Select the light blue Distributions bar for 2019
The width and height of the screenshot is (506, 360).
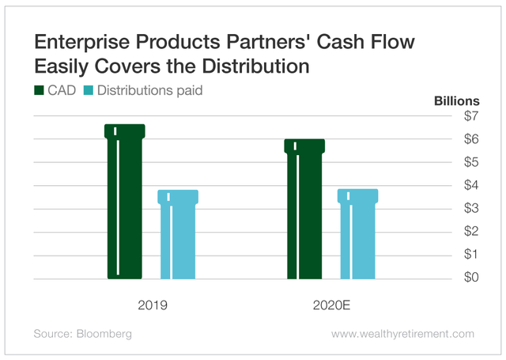(x=179, y=235)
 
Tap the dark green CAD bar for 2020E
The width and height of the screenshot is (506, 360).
(x=304, y=210)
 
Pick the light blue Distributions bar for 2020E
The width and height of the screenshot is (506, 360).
(x=358, y=235)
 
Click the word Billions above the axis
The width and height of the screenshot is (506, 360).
(x=456, y=101)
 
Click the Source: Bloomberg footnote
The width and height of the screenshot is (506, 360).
(x=83, y=335)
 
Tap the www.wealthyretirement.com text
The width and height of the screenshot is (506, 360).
(x=403, y=335)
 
